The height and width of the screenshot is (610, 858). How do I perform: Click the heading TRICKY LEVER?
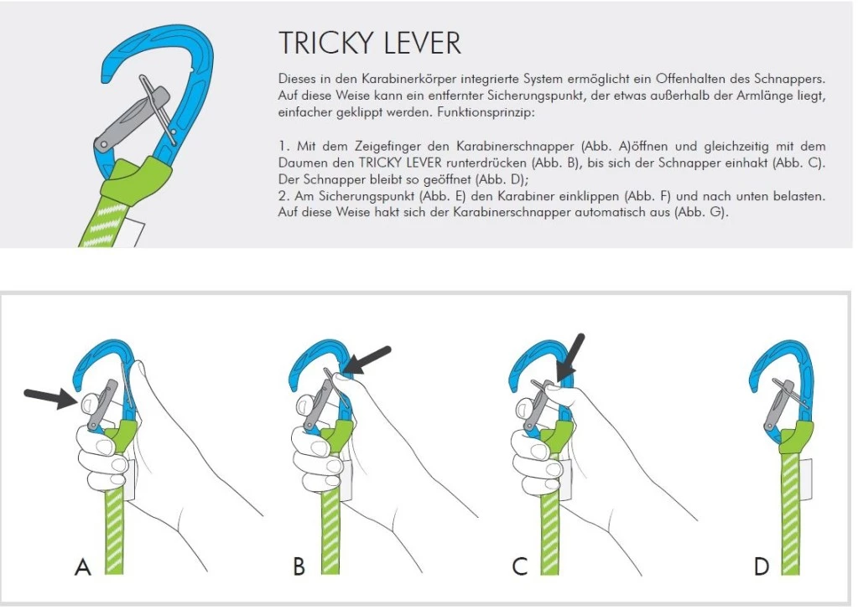tap(369, 44)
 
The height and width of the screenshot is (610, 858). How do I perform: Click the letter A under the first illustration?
tap(82, 567)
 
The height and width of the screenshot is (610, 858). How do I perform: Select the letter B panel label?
tap(299, 567)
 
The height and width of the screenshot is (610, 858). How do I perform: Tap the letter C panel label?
tap(520, 567)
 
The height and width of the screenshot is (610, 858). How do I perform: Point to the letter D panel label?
tap(761, 567)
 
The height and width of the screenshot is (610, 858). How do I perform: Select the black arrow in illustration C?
tap(572, 356)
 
